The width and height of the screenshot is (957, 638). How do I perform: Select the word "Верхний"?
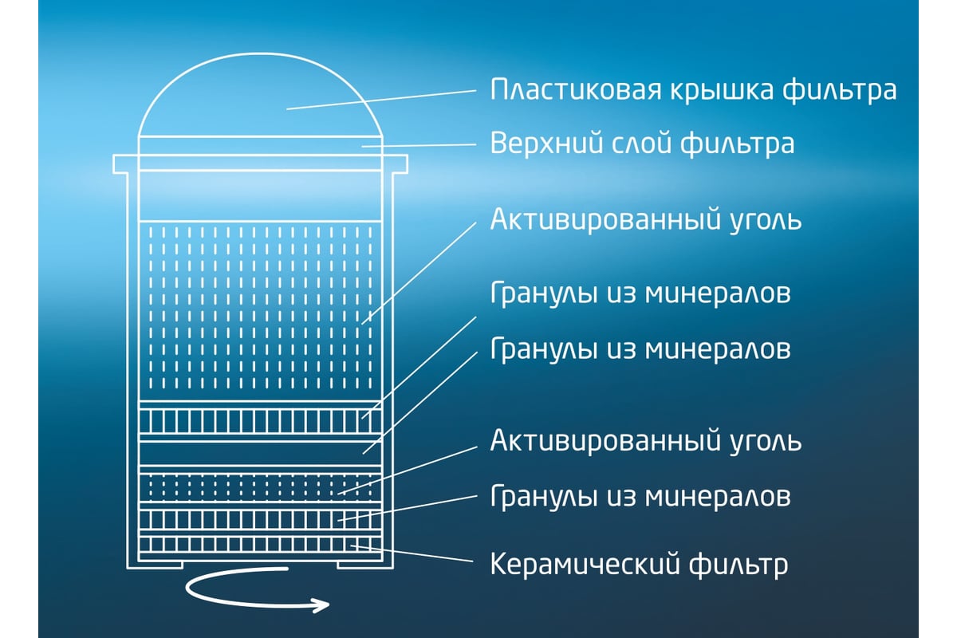coord(546,144)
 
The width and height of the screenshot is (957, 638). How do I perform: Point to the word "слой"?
coord(642,144)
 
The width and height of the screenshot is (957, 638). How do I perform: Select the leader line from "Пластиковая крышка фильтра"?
coord(381,100)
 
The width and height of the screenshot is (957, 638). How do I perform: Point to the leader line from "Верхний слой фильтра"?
coord(419,145)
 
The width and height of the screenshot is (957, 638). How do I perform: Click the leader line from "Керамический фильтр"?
coord(412,553)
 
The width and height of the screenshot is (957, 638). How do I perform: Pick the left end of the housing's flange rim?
coord(113,164)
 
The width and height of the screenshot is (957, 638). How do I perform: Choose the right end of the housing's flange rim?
coord(407,164)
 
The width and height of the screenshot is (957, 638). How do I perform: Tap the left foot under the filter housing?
coord(155,567)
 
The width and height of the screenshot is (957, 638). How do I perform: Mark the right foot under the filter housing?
coord(365,567)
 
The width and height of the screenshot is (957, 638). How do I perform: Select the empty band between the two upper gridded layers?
coord(260,454)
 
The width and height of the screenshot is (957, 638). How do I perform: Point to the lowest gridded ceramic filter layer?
coord(260,545)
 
